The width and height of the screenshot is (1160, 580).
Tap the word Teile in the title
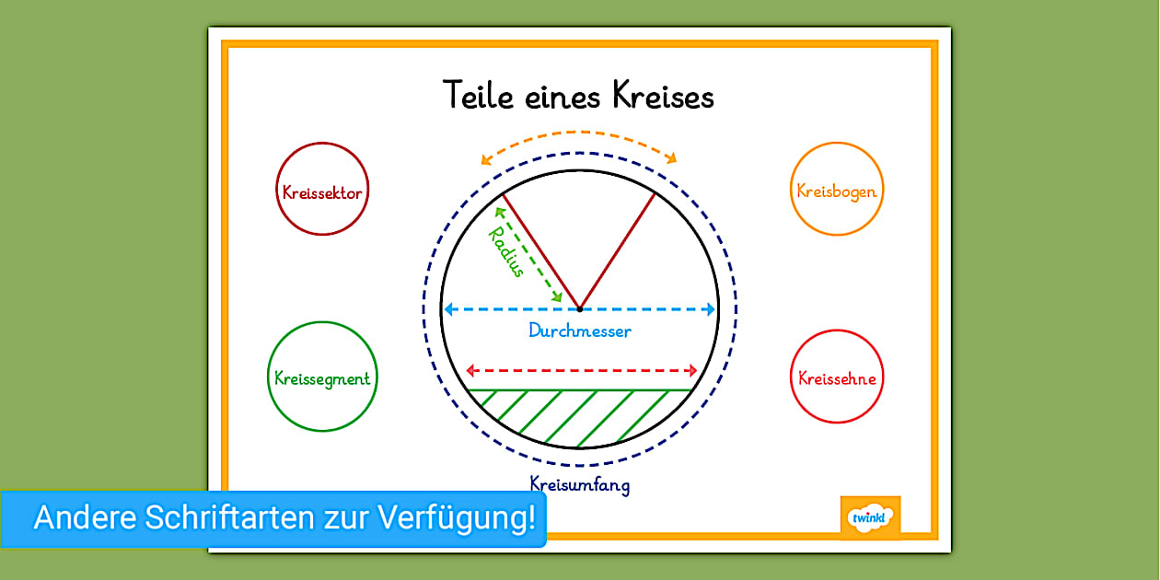point(478,97)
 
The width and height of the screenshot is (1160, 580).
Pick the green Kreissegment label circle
point(322,377)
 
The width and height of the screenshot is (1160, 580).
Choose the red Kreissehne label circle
point(836,377)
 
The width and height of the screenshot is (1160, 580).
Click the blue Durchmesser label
point(580,331)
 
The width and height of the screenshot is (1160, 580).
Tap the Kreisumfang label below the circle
point(580,482)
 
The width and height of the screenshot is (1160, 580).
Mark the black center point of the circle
point(579,309)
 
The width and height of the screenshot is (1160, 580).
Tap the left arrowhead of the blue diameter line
point(449,309)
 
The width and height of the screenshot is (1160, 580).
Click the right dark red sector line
point(618,250)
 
